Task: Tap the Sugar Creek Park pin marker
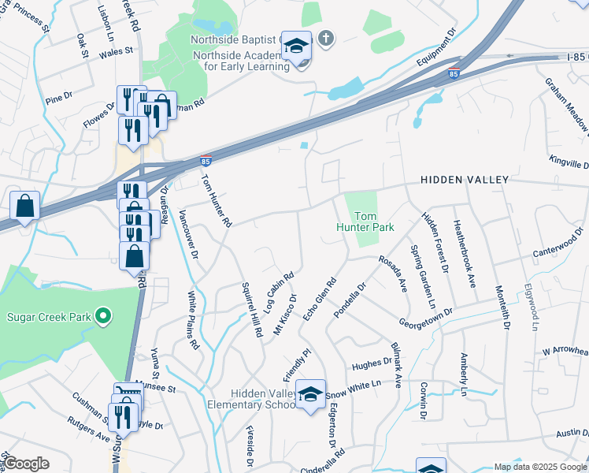(102, 317)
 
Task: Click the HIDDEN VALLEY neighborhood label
(465, 180)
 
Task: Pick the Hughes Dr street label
(372, 365)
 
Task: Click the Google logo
(26, 463)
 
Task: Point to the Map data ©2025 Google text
(540, 467)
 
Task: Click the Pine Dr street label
(59, 98)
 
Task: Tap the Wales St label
(117, 53)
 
